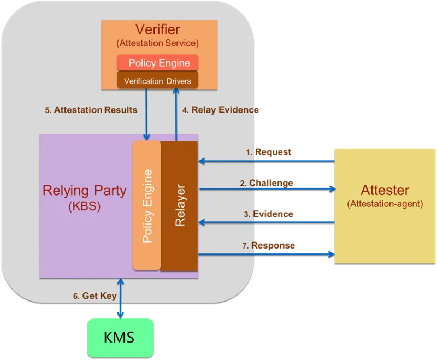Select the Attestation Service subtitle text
tap(158, 43)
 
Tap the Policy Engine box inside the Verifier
tap(158, 63)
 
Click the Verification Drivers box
tap(158, 81)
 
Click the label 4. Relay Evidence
tap(221, 110)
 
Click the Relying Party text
tap(84, 191)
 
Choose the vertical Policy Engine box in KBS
tap(146, 205)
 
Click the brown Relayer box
tap(179, 205)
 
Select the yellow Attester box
tap(385, 205)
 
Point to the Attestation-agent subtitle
tap(385, 204)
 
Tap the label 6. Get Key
tap(95, 296)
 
